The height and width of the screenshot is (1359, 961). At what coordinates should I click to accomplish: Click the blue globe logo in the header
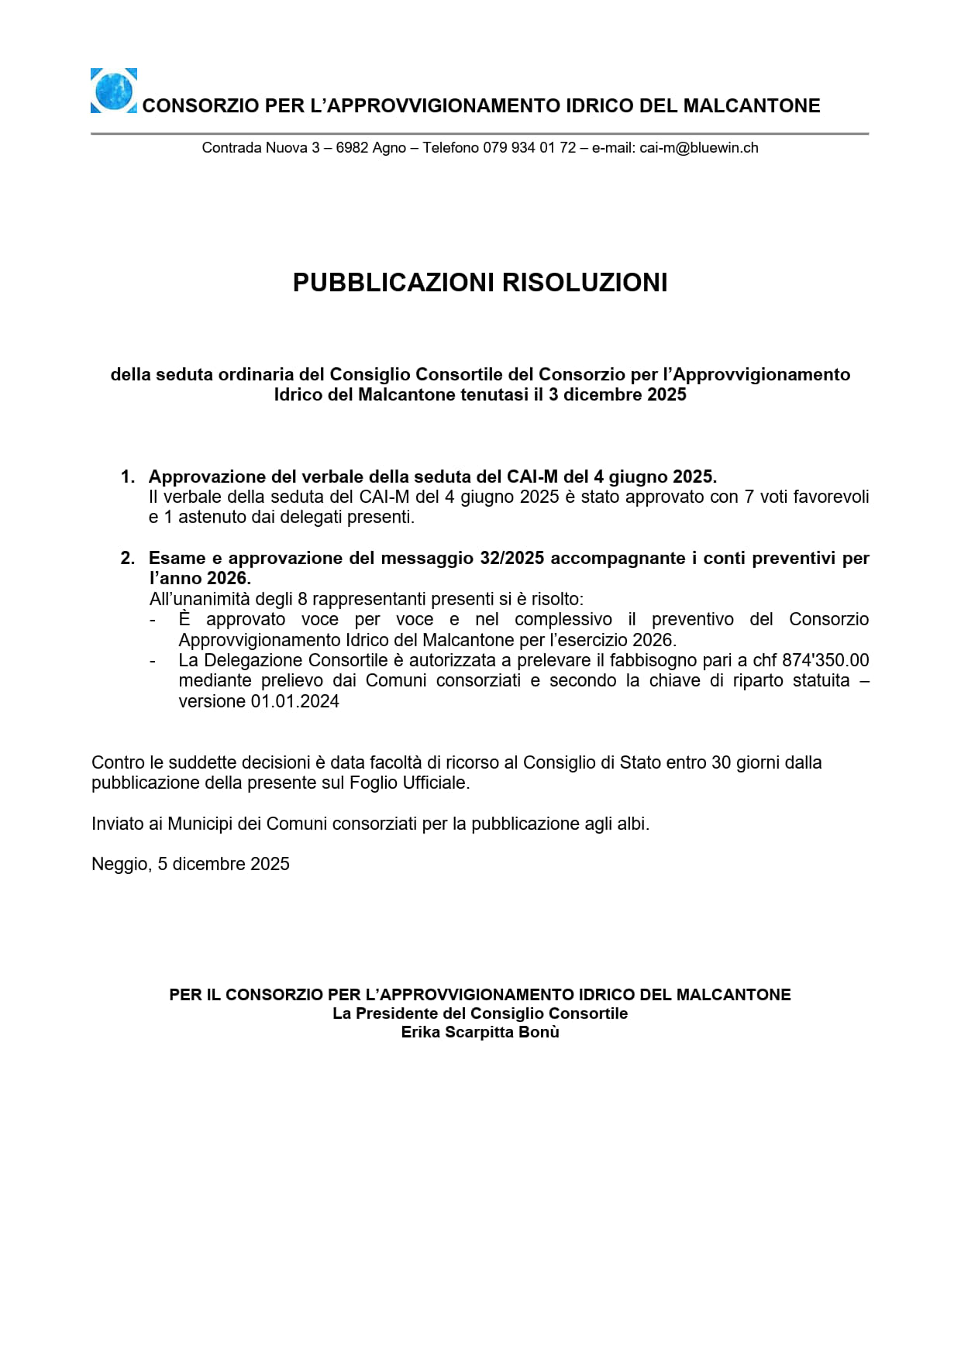tap(114, 91)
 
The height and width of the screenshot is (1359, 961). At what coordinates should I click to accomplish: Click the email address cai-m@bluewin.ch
tap(698, 148)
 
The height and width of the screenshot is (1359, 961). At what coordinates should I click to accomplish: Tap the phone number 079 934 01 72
tap(529, 148)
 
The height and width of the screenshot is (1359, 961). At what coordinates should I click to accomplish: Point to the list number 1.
tap(127, 477)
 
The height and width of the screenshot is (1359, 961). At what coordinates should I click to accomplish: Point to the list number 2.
tap(127, 558)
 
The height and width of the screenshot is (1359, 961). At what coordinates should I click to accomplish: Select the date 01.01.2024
tap(294, 701)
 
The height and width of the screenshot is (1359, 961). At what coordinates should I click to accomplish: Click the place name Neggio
tap(120, 865)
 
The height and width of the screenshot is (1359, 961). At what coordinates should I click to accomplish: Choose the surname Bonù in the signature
tap(539, 1032)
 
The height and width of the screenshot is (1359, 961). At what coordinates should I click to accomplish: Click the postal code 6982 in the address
tap(352, 148)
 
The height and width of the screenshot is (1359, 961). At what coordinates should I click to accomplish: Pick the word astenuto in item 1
tap(212, 517)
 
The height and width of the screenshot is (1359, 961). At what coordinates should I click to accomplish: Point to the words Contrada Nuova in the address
tap(254, 148)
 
